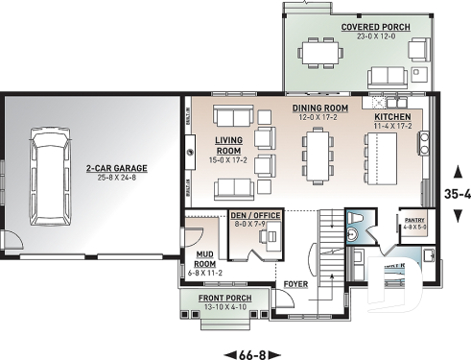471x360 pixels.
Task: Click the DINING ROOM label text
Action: (319, 108)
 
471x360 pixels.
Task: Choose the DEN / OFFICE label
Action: (255, 215)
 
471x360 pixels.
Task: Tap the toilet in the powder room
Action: (352, 231)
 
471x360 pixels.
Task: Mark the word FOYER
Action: (295, 285)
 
